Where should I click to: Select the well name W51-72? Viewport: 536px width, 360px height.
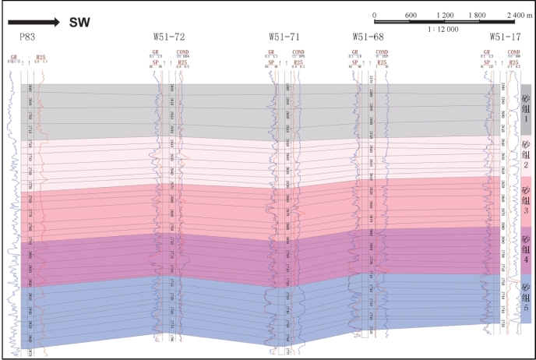[x=169, y=37]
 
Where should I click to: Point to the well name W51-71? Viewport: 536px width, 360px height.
[x=284, y=37]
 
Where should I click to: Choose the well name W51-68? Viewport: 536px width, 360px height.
[x=368, y=37]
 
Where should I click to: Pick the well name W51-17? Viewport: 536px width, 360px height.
[x=506, y=37]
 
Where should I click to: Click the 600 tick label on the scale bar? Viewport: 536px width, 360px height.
[x=411, y=15]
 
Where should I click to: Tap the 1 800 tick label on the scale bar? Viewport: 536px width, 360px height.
[x=478, y=15]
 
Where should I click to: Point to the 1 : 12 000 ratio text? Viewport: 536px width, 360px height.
[x=443, y=28]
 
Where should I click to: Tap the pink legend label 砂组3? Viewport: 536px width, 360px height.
[x=526, y=200]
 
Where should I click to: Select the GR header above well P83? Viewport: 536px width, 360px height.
[x=13, y=56]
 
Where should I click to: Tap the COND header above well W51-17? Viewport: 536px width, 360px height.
[x=514, y=51]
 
